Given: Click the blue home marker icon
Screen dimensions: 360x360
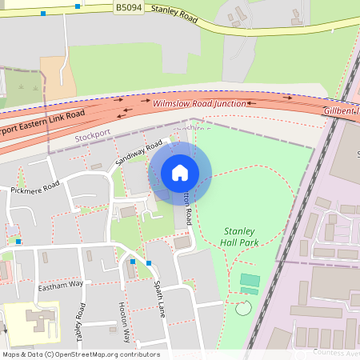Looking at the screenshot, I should click(x=180, y=173).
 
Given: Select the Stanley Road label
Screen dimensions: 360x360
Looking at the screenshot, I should click(x=174, y=14).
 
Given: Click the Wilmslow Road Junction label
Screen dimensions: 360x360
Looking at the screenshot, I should click(x=199, y=104).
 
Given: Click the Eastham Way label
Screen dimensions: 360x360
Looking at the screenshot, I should click(x=61, y=285).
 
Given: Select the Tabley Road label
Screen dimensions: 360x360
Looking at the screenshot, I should click(x=80, y=321).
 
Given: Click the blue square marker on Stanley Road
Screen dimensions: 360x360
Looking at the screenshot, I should click(x=78, y=6).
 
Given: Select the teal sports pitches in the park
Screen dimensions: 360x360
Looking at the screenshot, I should click(x=250, y=282).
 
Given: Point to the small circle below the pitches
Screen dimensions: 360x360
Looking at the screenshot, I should click(x=243, y=307).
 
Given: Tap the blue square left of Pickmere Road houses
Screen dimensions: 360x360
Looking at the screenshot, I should click(x=18, y=241).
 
